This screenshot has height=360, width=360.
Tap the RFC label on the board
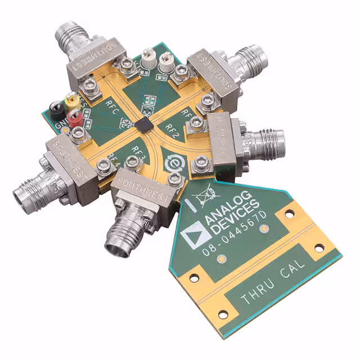[x=111, y=106]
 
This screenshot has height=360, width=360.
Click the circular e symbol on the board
[x=172, y=164]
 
